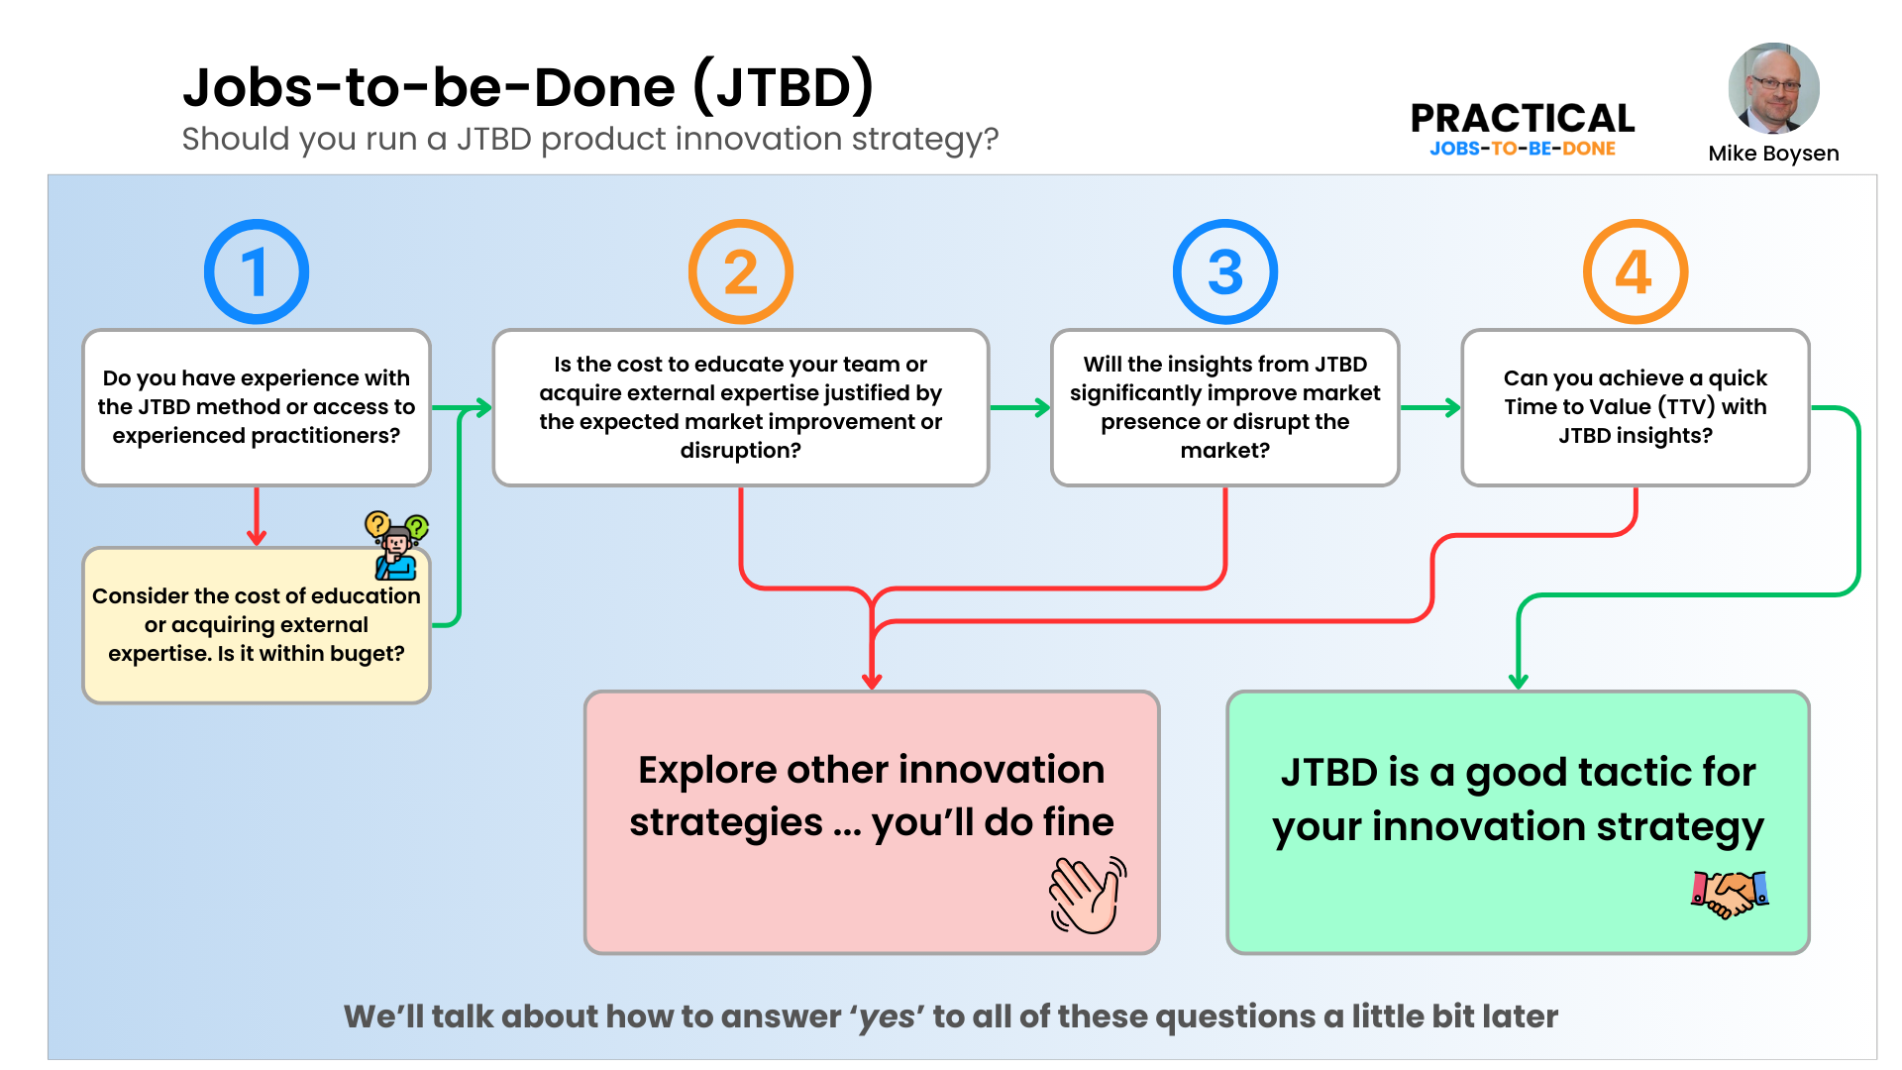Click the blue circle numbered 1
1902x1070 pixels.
tap(256, 271)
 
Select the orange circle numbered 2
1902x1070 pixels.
tap(740, 271)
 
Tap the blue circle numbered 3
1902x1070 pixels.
tap(1224, 271)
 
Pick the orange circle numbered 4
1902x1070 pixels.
tap(1635, 271)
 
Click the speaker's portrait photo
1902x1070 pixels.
tap(1773, 88)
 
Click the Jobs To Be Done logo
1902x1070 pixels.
tap(1523, 148)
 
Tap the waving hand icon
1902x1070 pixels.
tap(1088, 895)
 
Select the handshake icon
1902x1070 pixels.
tap(1730, 893)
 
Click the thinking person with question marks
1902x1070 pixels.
tap(396, 546)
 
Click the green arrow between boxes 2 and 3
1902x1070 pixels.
tap(1020, 407)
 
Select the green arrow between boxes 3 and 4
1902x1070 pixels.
tap(1430, 407)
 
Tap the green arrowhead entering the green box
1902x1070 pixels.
tap(1518, 681)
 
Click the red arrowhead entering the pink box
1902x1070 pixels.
tap(872, 681)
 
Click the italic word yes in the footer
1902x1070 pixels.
tap(887, 1017)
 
